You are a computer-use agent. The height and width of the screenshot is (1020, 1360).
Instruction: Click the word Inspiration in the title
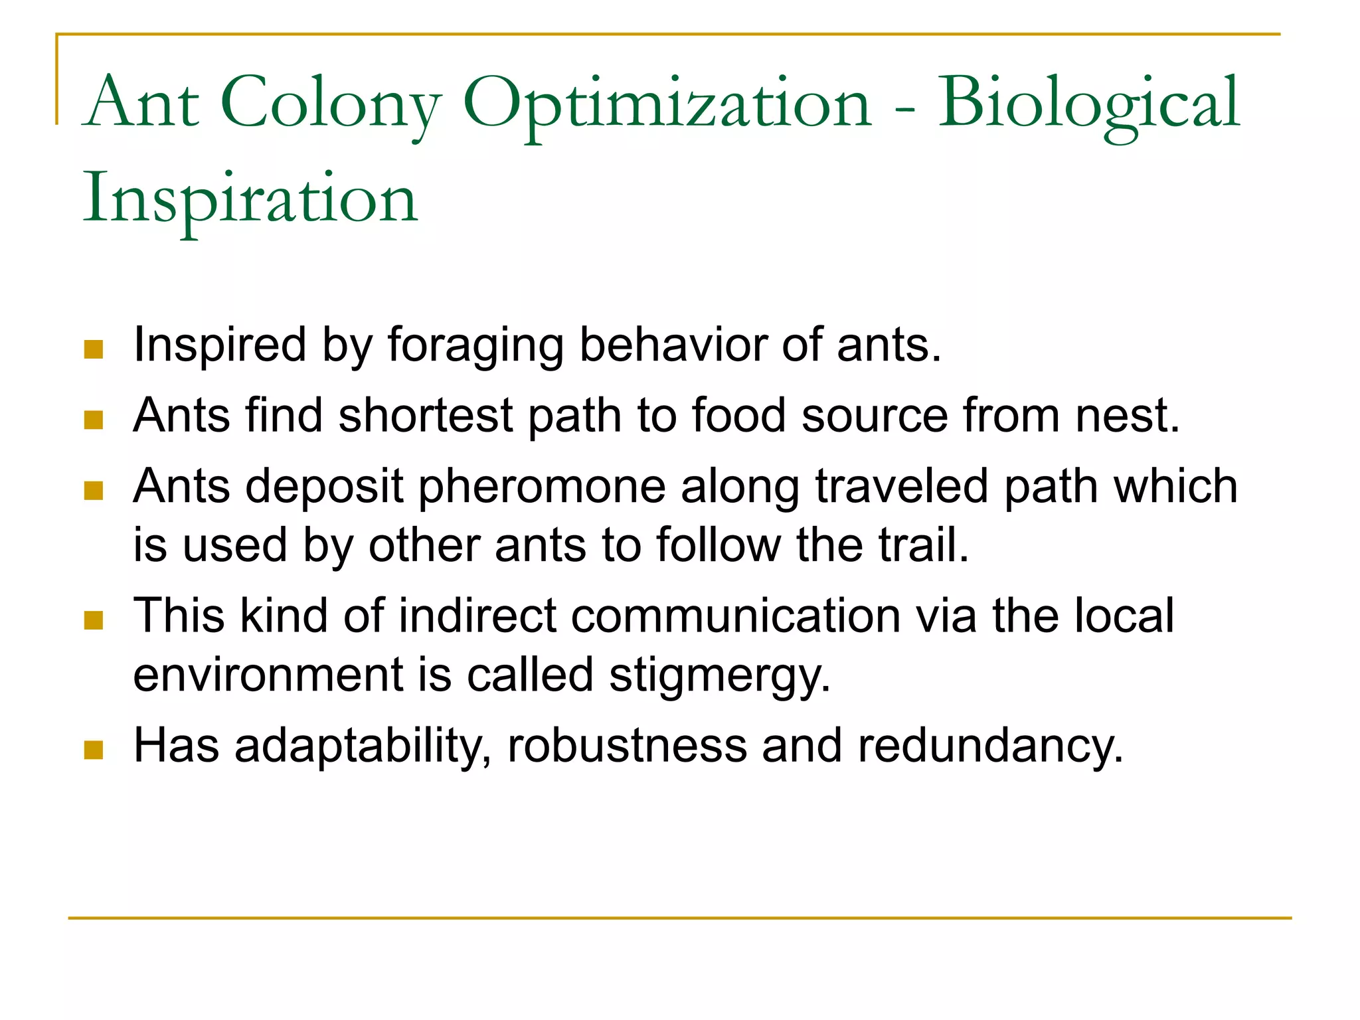click(x=250, y=199)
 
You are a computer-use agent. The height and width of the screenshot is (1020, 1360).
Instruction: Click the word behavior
click(x=673, y=345)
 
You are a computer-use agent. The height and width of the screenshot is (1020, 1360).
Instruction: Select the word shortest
click(x=426, y=416)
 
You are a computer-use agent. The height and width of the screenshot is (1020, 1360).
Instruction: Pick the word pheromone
click(x=542, y=487)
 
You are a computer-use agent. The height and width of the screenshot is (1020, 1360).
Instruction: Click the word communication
click(x=735, y=616)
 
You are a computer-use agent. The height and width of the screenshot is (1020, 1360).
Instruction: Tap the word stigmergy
click(x=720, y=676)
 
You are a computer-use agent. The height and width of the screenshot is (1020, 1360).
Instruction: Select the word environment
click(x=268, y=675)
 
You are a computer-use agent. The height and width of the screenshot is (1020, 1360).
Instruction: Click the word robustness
click(x=627, y=745)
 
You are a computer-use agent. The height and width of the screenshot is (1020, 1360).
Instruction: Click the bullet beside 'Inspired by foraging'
click(x=94, y=349)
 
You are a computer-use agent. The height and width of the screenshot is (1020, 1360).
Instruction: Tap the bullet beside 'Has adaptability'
click(x=94, y=750)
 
